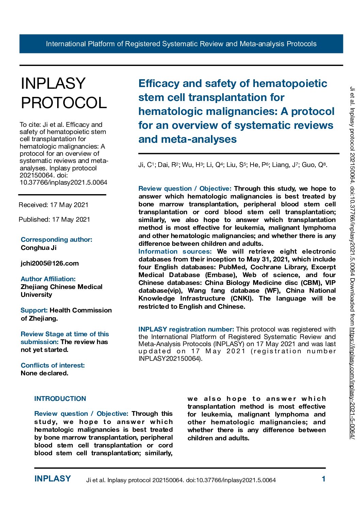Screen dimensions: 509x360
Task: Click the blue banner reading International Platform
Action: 181,44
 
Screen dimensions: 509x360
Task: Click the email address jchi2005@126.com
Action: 50,263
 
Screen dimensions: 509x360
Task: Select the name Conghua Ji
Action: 38,248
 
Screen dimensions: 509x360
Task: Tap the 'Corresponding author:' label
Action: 56,239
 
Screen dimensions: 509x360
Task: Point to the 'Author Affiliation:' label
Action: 48,279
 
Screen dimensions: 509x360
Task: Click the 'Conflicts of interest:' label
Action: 53,365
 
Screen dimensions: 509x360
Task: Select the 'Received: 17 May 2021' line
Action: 53,205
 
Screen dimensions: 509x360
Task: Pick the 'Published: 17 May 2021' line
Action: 54,219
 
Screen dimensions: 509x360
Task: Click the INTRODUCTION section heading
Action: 60,398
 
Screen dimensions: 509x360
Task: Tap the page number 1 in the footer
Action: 324,479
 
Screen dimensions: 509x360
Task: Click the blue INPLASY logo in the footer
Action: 52,479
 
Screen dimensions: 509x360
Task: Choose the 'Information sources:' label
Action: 175,251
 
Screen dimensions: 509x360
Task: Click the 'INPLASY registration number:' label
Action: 186,329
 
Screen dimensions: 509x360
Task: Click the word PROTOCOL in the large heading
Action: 64,103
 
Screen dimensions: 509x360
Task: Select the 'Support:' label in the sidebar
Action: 34,310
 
